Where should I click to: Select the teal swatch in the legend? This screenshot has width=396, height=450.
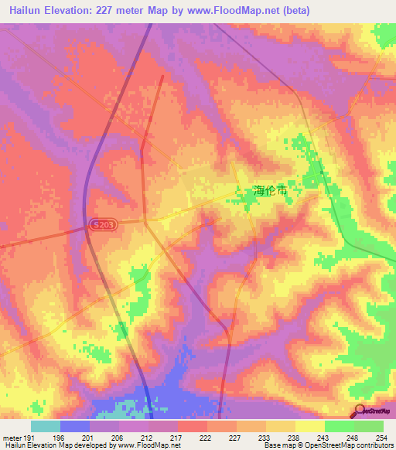(45, 426)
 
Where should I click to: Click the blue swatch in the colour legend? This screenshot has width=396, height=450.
(74, 426)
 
